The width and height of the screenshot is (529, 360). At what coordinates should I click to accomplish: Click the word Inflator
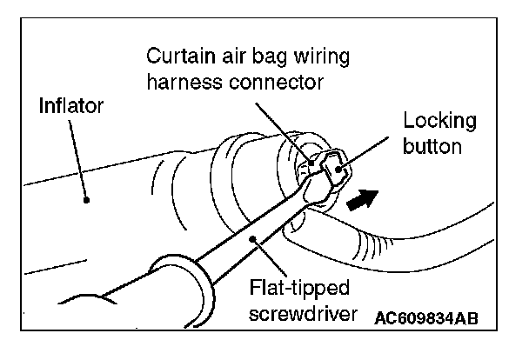click(x=72, y=108)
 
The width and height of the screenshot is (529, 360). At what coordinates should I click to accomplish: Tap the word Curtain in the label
click(x=177, y=58)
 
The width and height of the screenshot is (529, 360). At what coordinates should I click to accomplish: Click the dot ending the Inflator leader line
click(x=86, y=199)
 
